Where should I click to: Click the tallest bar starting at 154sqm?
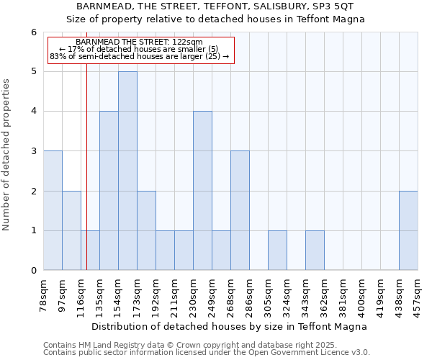[127, 171]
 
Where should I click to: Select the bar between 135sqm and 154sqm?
[109, 191]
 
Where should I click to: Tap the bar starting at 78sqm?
[53, 210]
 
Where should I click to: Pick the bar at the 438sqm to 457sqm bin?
[408, 230]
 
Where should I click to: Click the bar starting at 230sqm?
[202, 191]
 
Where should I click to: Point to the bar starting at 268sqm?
[240, 210]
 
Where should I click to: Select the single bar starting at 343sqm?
[315, 251]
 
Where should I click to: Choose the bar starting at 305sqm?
[277, 251]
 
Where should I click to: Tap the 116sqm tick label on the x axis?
[81, 296]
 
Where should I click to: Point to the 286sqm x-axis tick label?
[249, 296]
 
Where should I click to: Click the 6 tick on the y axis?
[33, 32]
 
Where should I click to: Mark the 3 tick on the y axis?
[33, 151]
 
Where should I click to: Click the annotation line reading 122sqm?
[138, 42]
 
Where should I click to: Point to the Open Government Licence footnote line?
[207, 353]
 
